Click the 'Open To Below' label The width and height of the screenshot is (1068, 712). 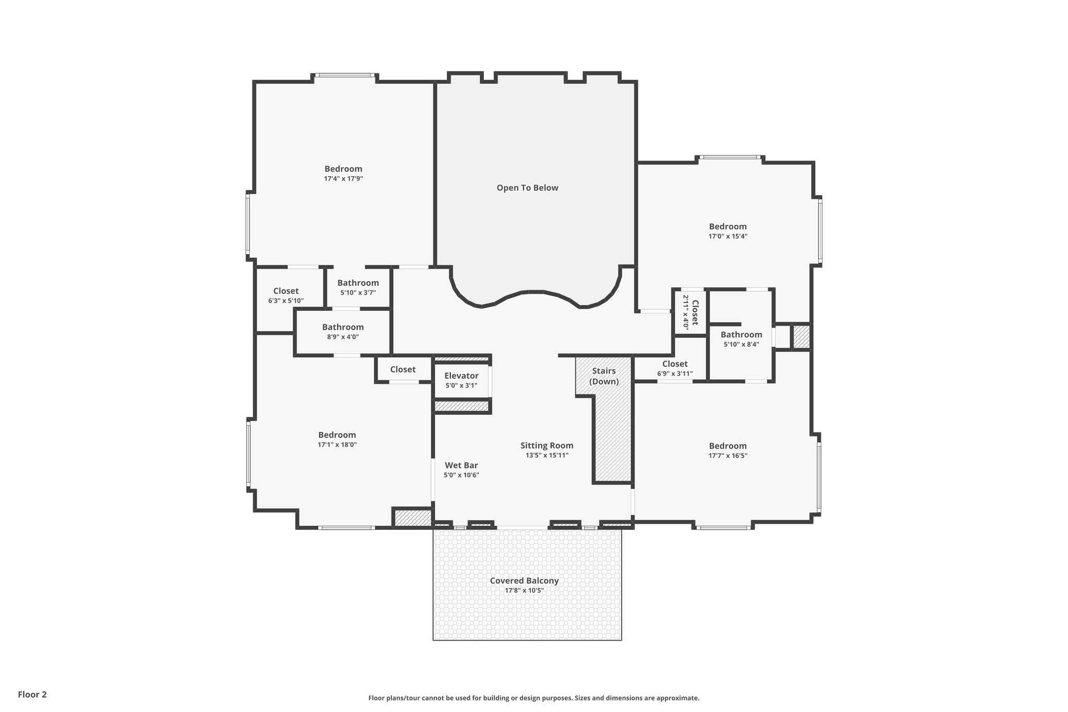pos(527,188)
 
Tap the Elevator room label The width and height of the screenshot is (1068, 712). pos(461,376)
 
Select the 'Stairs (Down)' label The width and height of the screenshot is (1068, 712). pos(604,376)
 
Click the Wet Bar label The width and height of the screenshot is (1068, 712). pos(461,465)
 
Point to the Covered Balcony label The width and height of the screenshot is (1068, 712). pos(524,581)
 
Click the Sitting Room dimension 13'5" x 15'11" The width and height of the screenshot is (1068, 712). pos(547,455)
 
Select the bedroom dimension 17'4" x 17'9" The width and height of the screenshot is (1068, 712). pos(343,179)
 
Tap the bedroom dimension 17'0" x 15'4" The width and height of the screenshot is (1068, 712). pos(727,236)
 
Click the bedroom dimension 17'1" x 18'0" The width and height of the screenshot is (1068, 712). pos(337,445)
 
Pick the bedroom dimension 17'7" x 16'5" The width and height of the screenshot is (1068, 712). pos(727,456)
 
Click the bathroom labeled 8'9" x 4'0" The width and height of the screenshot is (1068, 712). pos(343,332)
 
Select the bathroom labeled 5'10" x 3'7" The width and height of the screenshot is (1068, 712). pos(358,287)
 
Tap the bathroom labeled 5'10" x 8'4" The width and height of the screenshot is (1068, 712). pos(741,339)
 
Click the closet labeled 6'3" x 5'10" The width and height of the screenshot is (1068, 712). pos(286,295)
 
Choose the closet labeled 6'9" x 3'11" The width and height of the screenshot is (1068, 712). pos(675,368)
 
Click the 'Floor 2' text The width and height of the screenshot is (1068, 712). pos(32,694)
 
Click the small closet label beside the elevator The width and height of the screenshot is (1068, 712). pos(403,369)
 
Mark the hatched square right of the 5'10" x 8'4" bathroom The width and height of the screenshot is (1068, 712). pos(801,337)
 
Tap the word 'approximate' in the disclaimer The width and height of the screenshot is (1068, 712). pos(677,698)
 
